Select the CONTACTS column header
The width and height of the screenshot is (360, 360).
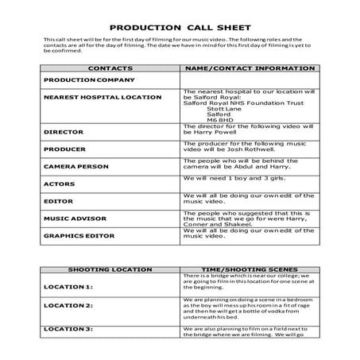[x=109, y=69]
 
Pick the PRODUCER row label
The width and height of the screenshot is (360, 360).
[x=64, y=149]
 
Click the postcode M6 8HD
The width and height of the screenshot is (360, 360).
[x=208, y=118]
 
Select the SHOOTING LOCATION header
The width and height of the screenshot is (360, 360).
[x=110, y=269]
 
